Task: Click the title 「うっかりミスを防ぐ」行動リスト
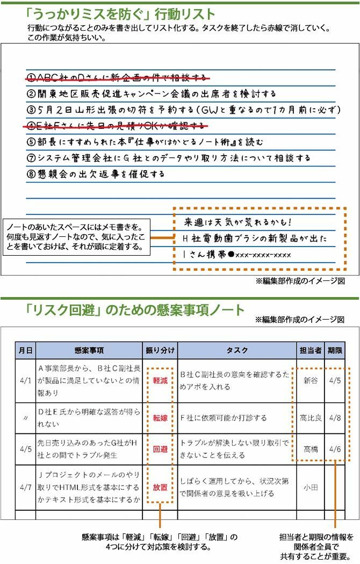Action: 120,13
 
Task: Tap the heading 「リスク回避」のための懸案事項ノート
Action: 135,310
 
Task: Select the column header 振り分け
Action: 160,350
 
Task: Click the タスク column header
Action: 237,350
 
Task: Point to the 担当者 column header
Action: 310,350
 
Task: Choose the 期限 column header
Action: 335,350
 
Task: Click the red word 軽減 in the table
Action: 160,380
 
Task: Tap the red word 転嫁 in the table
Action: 160,418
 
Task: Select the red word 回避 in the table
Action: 160,449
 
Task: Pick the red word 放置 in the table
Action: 160,487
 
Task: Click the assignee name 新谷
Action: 311,380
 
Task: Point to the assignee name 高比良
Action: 311,418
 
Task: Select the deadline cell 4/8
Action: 335,418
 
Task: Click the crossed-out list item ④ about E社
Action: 116,126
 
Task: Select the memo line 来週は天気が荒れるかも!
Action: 237,222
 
